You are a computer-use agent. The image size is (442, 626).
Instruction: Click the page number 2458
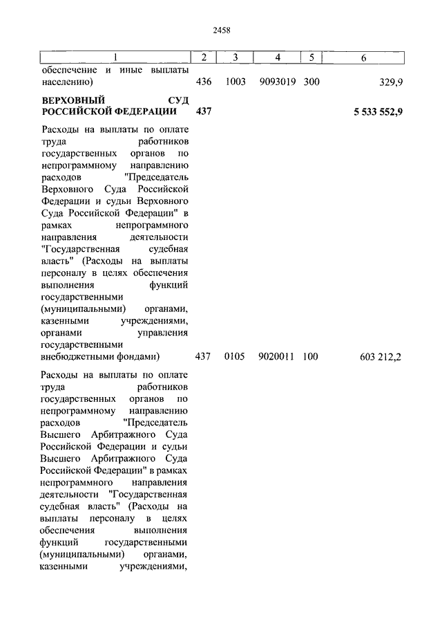(221, 30)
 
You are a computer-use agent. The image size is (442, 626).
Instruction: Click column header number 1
(115, 57)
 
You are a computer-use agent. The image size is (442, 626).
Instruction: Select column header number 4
(277, 57)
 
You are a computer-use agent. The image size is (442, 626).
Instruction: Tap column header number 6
(363, 57)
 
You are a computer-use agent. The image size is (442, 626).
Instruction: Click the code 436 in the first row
(204, 82)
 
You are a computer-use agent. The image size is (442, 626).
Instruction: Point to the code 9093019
(277, 82)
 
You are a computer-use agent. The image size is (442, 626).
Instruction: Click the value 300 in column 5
(311, 82)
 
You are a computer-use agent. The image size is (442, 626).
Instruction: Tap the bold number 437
(204, 111)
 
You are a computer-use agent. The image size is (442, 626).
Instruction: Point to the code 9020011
(277, 357)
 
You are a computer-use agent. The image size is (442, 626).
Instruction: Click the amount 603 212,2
(381, 358)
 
